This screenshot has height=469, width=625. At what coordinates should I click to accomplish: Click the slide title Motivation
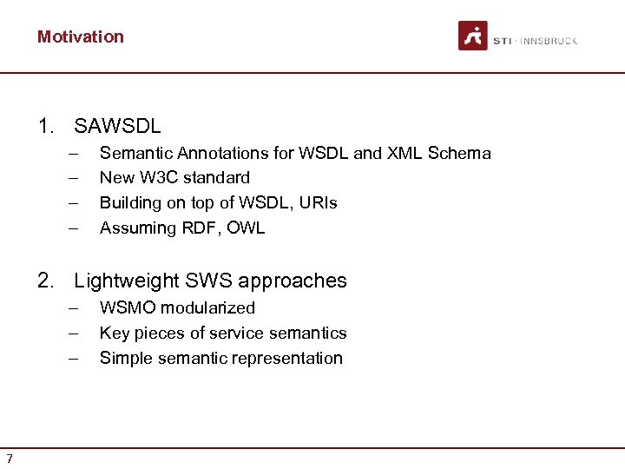click(81, 36)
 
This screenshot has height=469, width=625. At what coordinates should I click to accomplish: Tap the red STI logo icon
click(473, 36)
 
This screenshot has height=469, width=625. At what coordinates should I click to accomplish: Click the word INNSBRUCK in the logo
click(548, 42)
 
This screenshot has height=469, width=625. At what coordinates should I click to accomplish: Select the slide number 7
click(9, 459)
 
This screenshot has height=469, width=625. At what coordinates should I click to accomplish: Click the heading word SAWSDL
click(118, 127)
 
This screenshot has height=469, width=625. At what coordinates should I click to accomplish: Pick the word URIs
click(317, 203)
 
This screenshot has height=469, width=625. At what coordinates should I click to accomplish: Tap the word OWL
click(247, 228)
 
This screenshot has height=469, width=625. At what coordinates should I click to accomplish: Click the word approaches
click(293, 281)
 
